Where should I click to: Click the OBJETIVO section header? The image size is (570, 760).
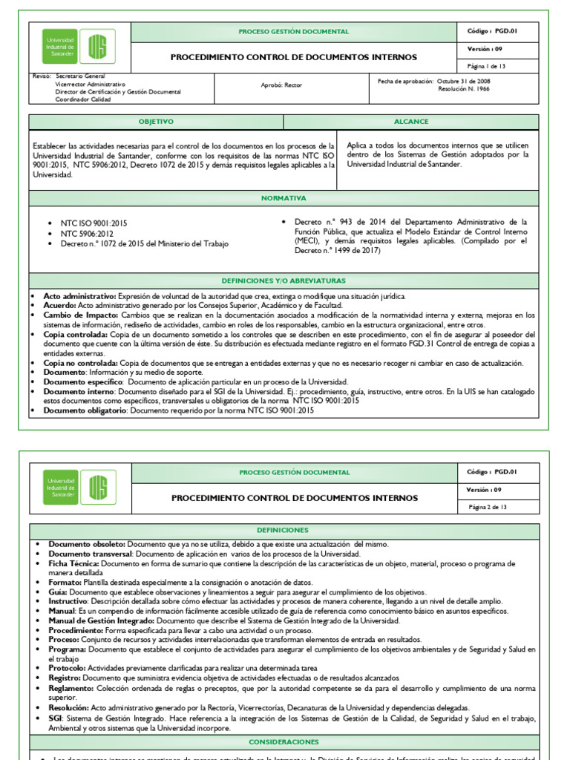pos(156,122)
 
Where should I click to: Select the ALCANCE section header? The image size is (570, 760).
pos(411,122)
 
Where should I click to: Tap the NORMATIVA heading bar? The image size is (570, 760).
pos(284,198)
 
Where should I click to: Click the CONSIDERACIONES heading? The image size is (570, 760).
pos(284,742)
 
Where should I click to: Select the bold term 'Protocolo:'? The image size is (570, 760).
pos(68,668)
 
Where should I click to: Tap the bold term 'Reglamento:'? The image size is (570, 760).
pos(71,688)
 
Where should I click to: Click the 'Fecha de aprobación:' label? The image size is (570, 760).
pos(405,80)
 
